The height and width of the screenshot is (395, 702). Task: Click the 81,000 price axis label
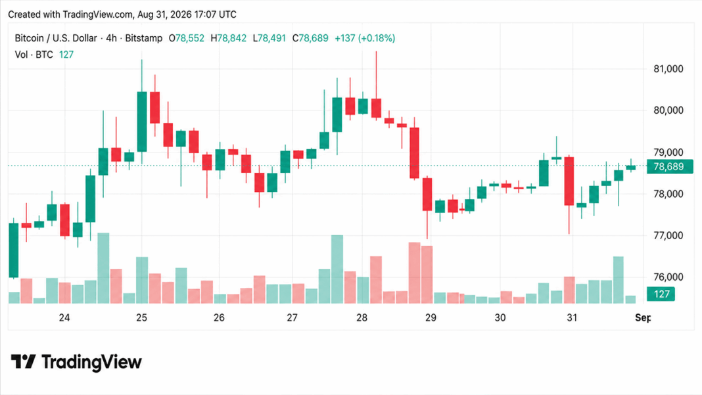[668, 69]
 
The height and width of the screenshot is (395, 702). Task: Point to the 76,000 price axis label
[668, 277]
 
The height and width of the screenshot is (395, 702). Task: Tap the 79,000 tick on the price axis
[668, 152]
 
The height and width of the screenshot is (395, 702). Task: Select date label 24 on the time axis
[64, 317]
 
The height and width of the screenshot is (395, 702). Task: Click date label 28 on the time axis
[362, 317]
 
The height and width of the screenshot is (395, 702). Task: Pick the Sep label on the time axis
[643, 317]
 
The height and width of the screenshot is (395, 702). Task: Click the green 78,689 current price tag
[670, 166]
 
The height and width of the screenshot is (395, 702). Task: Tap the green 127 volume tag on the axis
[661, 294]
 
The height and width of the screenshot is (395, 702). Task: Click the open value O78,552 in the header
[186, 39]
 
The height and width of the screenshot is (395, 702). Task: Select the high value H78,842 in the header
[228, 39]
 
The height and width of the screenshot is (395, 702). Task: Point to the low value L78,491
[269, 39]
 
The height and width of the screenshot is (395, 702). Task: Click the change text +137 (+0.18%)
[365, 39]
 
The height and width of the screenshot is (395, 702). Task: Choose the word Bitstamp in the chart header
[144, 39]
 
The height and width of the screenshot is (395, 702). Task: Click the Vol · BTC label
[34, 55]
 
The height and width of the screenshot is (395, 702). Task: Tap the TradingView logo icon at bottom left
[23, 361]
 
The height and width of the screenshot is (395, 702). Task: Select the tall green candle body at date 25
[142, 122]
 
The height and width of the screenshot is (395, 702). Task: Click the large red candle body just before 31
[569, 181]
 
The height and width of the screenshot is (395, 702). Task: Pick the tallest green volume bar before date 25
[103, 267]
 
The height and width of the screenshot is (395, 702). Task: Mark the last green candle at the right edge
[631, 168]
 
